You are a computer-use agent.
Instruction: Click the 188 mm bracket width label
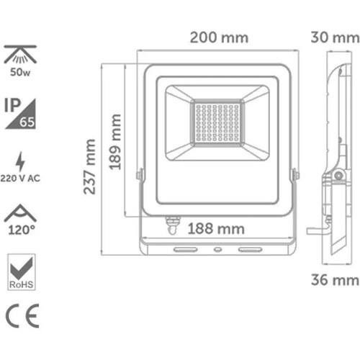pos(215,229)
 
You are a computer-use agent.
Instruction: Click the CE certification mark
pos(22,317)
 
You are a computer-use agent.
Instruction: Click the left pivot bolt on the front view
pos(140,174)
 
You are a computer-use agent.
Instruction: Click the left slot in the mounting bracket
pos(186,249)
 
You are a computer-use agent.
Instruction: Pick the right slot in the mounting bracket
pos(250,249)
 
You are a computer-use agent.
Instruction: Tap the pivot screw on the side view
pos(336,175)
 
